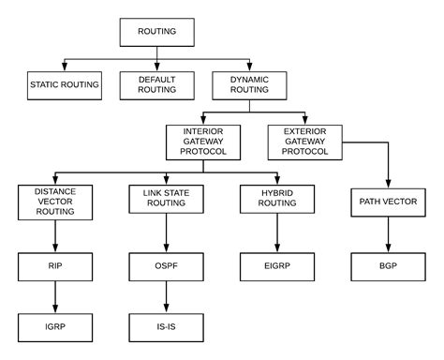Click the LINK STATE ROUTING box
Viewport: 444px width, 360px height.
(x=166, y=201)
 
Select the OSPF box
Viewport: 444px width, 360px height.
(x=166, y=265)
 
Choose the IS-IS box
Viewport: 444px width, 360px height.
(x=166, y=328)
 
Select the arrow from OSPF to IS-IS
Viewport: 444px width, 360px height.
(x=166, y=297)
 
